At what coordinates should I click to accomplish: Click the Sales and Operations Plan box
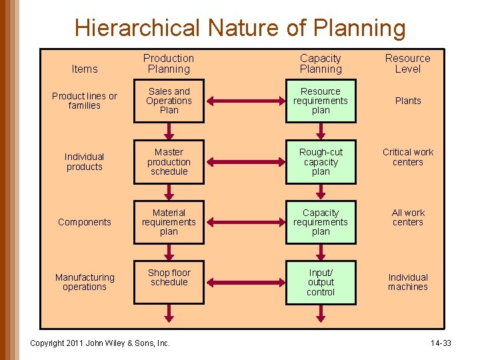point(169,101)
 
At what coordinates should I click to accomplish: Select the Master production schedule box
point(169,162)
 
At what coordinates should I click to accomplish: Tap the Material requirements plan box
point(169,223)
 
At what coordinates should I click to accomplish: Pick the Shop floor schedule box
point(169,282)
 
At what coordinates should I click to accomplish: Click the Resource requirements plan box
point(321,101)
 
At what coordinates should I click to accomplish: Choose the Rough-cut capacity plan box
point(321,162)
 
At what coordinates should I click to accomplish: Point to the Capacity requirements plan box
point(321,223)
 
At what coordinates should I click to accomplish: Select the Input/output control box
point(321,283)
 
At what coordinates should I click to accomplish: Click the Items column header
point(85,69)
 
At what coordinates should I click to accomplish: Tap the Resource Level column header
point(408,63)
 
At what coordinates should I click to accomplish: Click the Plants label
point(408,101)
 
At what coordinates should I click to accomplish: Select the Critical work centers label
point(408,157)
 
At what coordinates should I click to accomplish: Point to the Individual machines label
point(408,282)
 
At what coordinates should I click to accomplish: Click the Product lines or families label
point(85,101)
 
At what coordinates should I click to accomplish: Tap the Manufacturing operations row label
point(85,282)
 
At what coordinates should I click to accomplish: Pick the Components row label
point(85,222)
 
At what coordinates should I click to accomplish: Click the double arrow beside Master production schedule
point(245,162)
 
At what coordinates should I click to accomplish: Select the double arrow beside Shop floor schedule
point(245,283)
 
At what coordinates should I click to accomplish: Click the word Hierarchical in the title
point(137,28)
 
